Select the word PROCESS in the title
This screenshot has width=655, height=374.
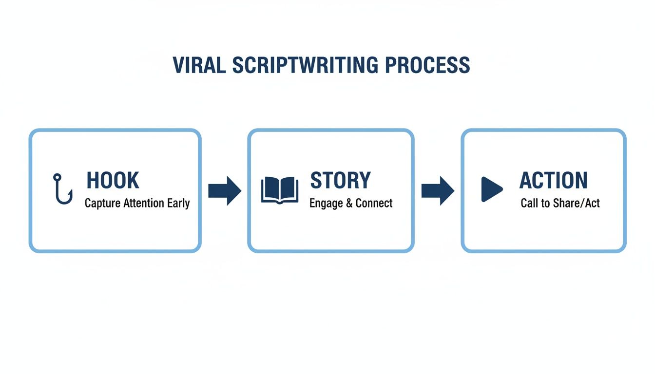click(x=427, y=65)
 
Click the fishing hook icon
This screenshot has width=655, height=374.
click(x=62, y=189)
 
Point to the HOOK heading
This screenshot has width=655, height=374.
click(x=113, y=181)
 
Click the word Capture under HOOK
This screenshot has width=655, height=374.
click(x=101, y=204)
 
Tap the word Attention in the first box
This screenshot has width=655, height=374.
click(x=144, y=203)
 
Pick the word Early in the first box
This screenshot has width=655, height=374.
click(x=178, y=204)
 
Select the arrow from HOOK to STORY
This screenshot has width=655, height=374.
click(x=225, y=190)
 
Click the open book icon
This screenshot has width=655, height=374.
click(x=280, y=189)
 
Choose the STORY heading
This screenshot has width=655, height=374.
click(x=340, y=181)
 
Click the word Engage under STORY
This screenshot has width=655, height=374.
click(x=326, y=204)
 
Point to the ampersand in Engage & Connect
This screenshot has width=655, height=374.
click(x=349, y=203)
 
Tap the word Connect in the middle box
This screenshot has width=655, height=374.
click(x=374, y=203)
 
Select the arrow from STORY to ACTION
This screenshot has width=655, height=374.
click(x=438, y=190)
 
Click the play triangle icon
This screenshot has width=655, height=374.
click(x=491, y=189)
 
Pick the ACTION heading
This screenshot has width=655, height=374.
click(x=553, y=181)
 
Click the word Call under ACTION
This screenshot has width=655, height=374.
click(x=529, y=203)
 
